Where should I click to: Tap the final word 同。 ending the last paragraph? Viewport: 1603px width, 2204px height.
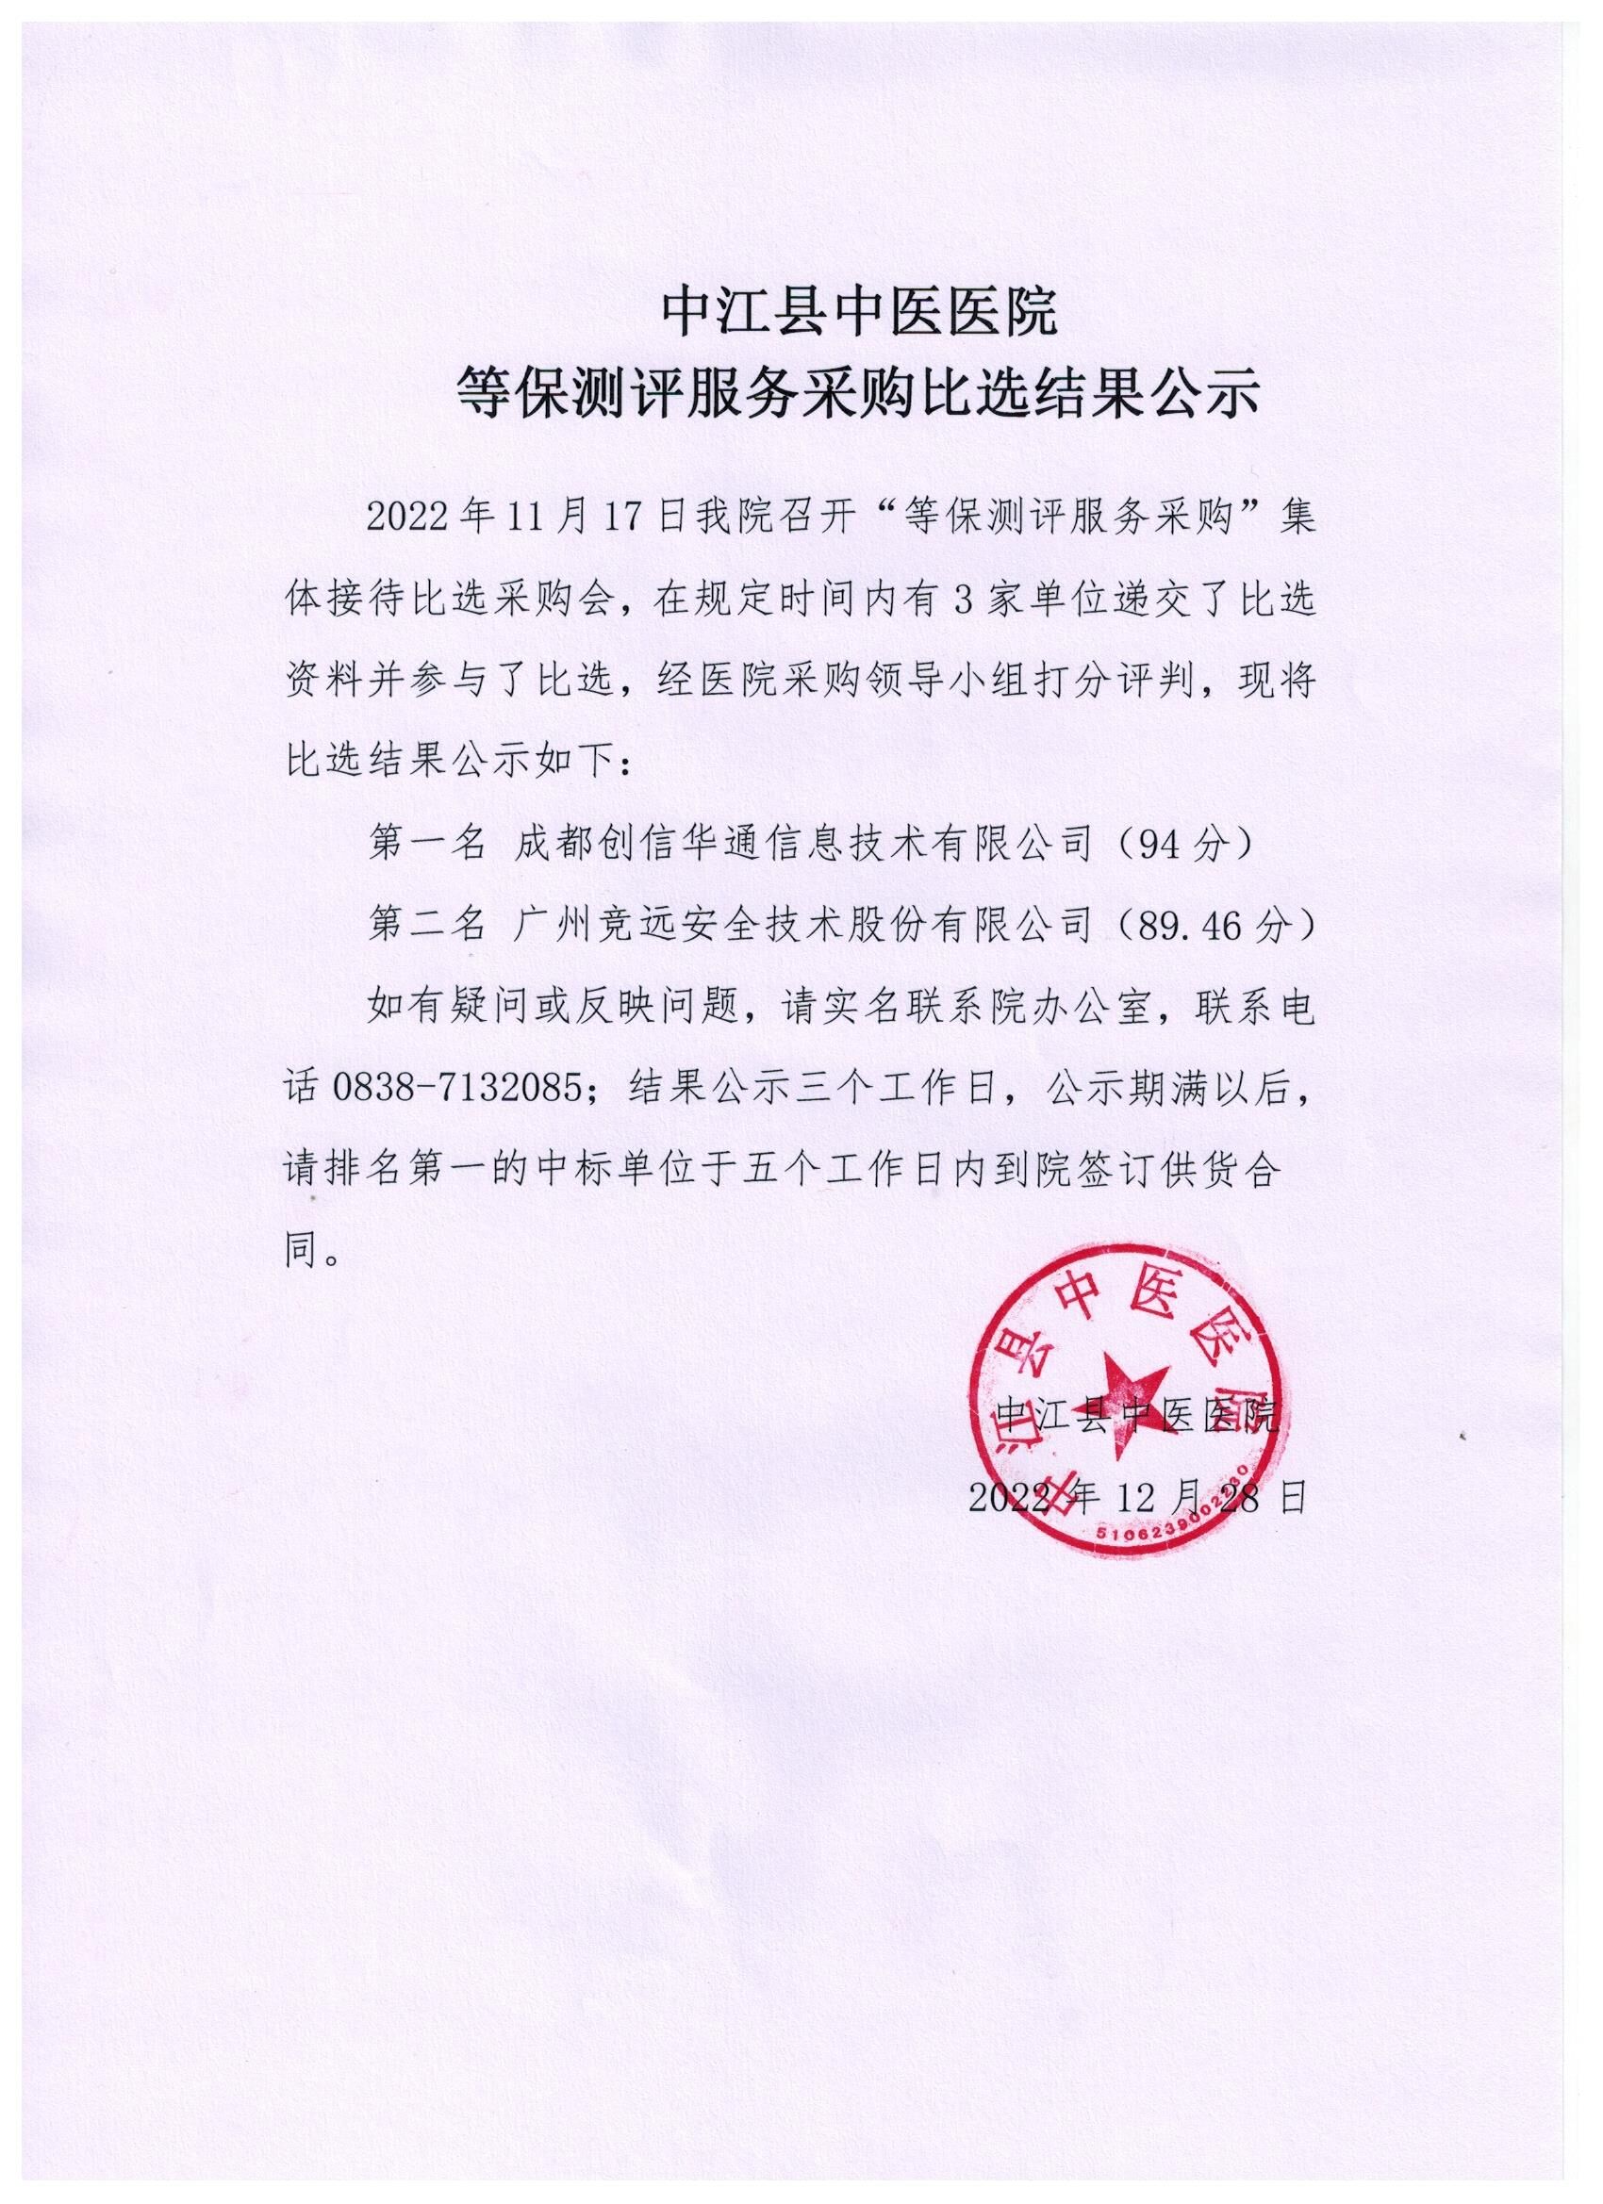pos(313,1251)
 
